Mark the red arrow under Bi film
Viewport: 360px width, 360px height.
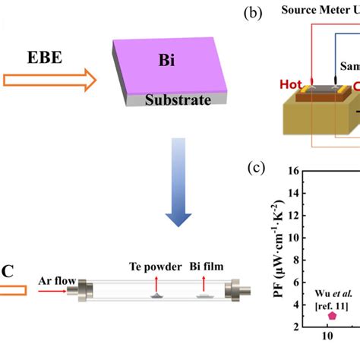pos(203,283)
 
